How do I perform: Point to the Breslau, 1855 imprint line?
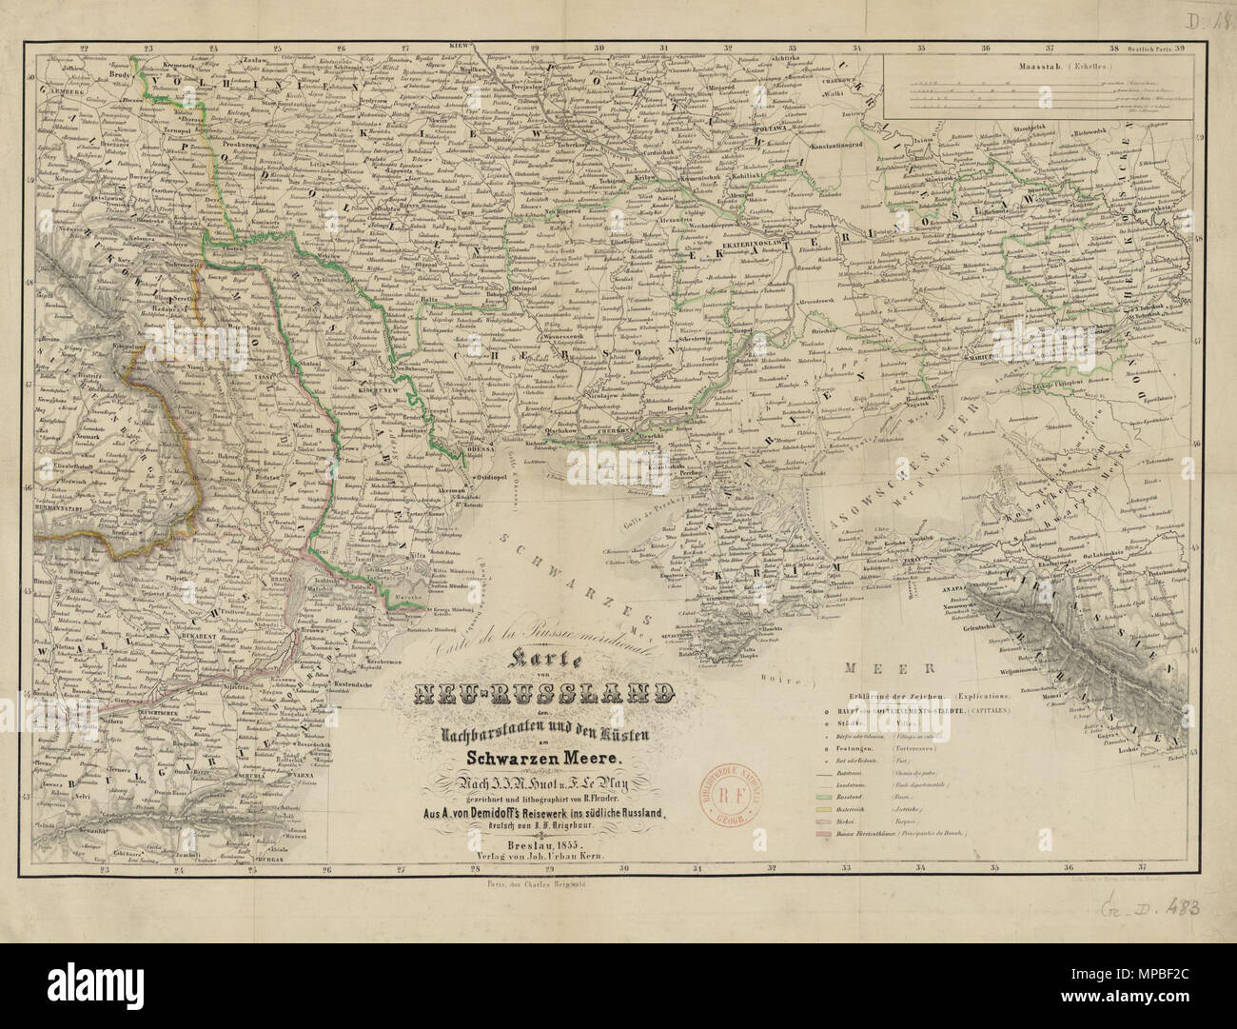pyautogui.click(x=520, y=846)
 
